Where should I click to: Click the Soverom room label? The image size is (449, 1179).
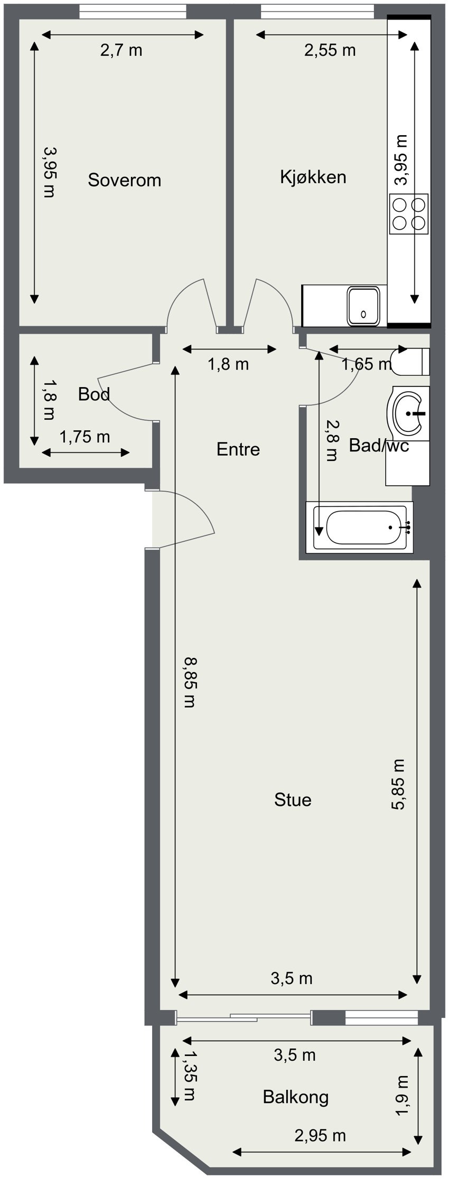[x=124, y=180]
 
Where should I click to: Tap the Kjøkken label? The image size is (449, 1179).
[x=313, y=176]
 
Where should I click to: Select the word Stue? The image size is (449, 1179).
[x=293, y=800]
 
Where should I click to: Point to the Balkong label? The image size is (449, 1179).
[x=295, y=1097]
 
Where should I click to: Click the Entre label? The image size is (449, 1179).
[x=238, y=449]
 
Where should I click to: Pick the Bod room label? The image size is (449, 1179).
[x=93, y=394]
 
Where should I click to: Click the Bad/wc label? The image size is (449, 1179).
[x=379, y=446]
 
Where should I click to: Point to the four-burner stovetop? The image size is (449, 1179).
[x=409, y=214]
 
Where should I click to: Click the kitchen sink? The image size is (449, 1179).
[x=363, y=306]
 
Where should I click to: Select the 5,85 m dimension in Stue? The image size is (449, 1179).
[x=400, y=784]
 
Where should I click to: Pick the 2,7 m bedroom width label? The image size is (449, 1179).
[x=121, y=51]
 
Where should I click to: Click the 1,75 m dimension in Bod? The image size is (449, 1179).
[x=85, y=437]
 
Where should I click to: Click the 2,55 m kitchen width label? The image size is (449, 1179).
[x=330, y=51]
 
